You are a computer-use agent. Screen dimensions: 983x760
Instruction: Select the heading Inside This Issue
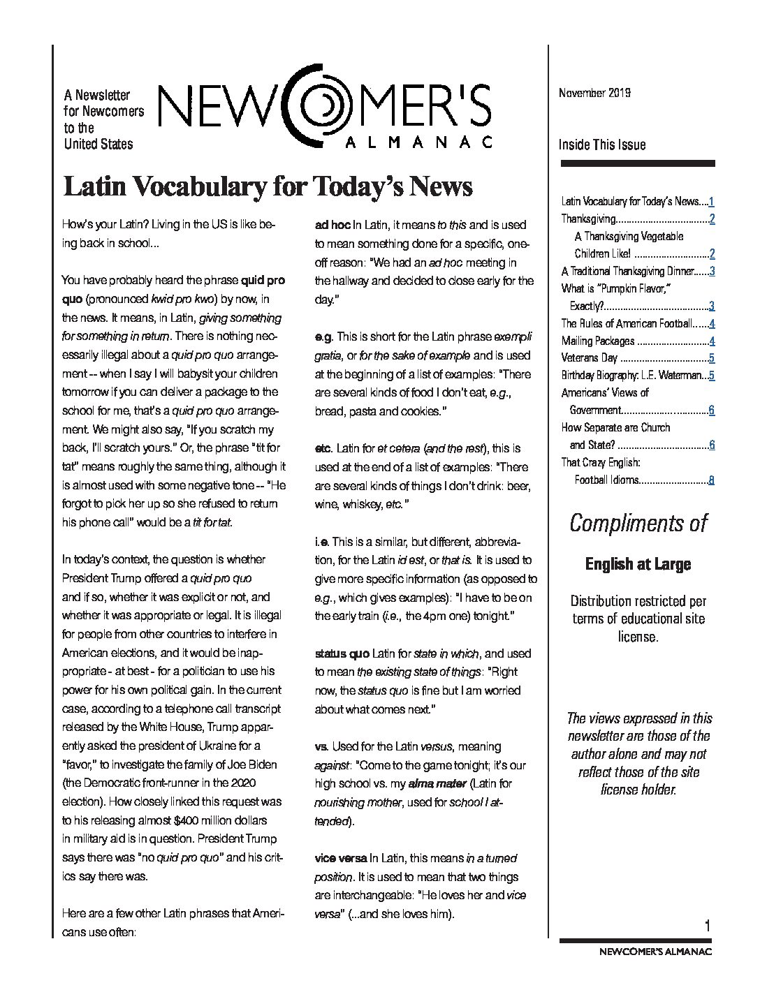(x=601, y=145)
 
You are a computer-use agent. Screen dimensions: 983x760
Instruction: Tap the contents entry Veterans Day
(x=590, y=358)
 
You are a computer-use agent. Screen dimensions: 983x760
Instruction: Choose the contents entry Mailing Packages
(x=598, y=341)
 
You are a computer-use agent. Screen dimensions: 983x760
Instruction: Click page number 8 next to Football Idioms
(x=711, y=480)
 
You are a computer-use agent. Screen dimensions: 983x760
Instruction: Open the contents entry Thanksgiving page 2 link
(x=711, y=219)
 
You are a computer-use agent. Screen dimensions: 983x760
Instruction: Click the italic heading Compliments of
(x=638, y=523)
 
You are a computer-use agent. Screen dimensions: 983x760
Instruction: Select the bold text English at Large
(x=638, y=564)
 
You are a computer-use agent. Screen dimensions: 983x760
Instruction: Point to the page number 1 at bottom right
(x=708, y=926)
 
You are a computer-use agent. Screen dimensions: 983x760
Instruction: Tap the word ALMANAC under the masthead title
(x=419, y=142)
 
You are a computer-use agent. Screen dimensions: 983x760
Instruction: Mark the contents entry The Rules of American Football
(x=627, y=323)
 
